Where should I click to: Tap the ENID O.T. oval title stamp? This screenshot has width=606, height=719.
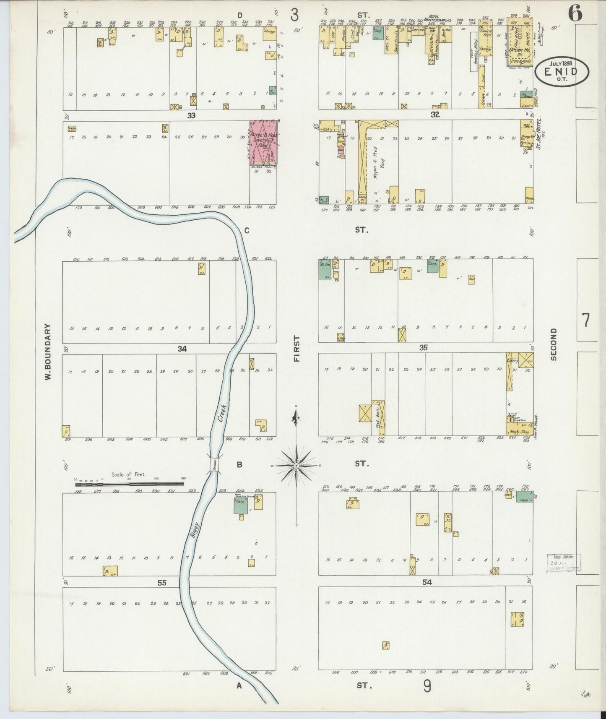561,71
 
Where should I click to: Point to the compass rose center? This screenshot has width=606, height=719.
296,466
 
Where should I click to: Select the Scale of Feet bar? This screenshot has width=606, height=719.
129,484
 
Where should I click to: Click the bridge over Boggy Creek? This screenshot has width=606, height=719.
215,465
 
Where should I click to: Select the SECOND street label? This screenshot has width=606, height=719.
554,344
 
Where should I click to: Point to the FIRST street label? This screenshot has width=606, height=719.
297,349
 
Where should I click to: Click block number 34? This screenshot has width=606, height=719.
182,348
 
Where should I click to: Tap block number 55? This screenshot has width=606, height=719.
162,583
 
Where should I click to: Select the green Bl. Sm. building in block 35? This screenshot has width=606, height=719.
324,269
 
